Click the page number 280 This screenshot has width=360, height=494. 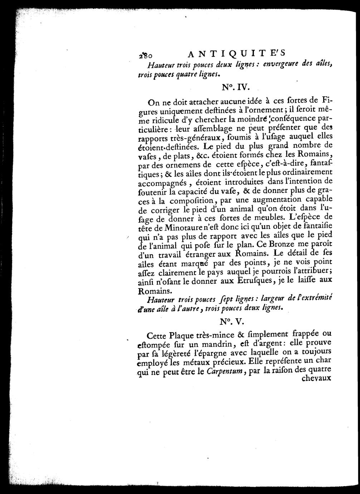(x=146, y=55)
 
